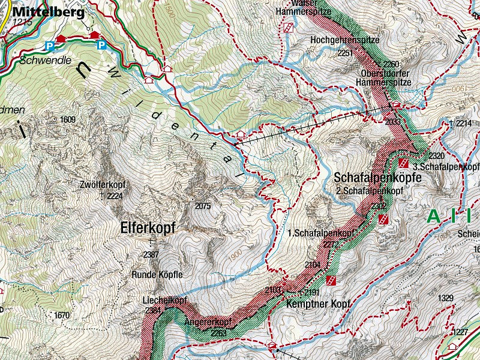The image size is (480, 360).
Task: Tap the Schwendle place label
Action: pyautogui.click(x=37, y=61)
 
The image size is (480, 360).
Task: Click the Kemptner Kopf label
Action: pyautogui.click(x=311, y=305)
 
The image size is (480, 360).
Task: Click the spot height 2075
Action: pyautogui.click(x=203, y=206)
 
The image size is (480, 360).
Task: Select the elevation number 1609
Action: pyautogui.click(x=68, y=120)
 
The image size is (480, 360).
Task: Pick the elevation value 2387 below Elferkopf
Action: pyautogui.click(x=151, y=254)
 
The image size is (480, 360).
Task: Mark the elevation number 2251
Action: pyautogui.click(x=346, y=53)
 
